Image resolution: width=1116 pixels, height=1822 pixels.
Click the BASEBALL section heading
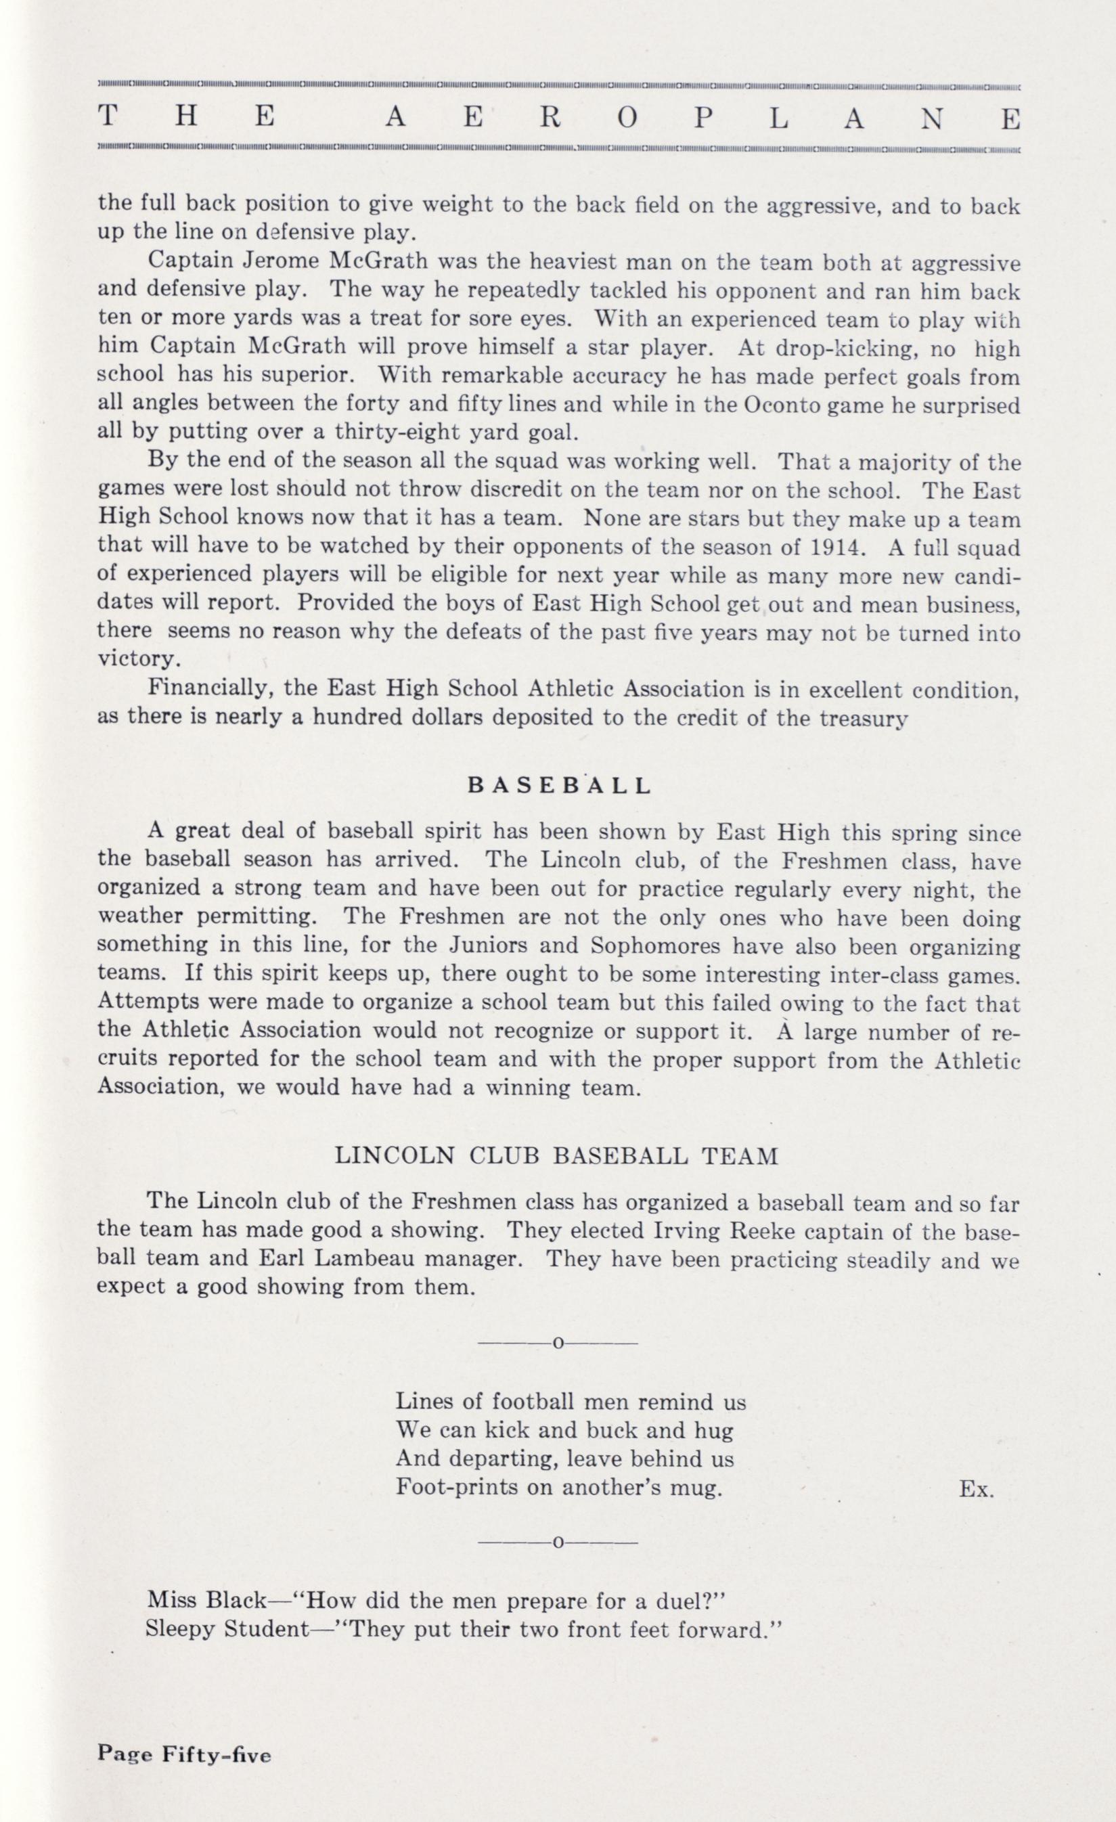[x=559, y=785]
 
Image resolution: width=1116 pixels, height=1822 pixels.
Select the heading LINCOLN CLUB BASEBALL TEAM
[x=556, y=1156]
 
